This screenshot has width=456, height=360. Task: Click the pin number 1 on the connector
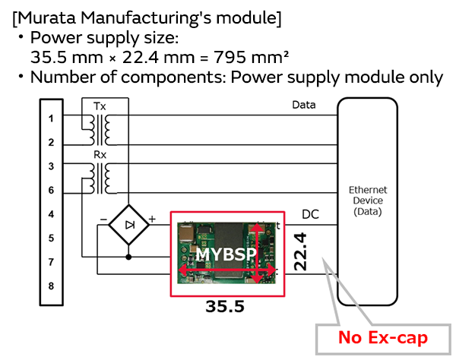[x=51, y=118]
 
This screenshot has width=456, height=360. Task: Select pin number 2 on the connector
[x=51, y=142]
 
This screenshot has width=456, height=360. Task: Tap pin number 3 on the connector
[x=51, y=166]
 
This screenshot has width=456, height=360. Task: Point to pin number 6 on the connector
[x=51, y=190]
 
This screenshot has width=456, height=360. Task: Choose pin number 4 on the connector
[x=51, y=215]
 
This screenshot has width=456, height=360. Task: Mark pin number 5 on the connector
[x=51, y=238]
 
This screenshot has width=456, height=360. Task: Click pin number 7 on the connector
[x=51, y=262]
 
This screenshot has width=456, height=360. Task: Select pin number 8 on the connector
[x=51, y=286]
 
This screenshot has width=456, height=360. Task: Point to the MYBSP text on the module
[x=225, y=255]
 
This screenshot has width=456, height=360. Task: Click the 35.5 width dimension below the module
[x=224, y=306]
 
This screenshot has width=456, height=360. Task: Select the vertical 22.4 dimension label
[x=302, y=251]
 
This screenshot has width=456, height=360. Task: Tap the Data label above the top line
[x=303, y=105]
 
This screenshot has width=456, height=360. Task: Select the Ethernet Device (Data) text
[x=368, y=200]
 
